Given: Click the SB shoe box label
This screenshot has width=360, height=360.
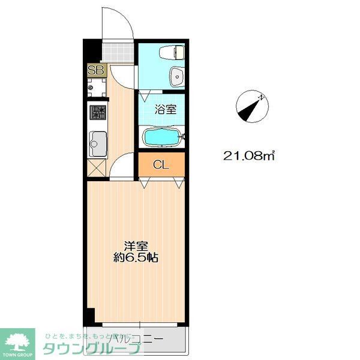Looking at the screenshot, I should point(96,70).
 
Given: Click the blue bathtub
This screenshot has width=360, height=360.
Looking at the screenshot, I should point(161,137).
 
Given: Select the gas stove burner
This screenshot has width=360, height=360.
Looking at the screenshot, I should point(97,112).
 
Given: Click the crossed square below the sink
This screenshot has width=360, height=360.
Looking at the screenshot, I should point(96,167).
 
